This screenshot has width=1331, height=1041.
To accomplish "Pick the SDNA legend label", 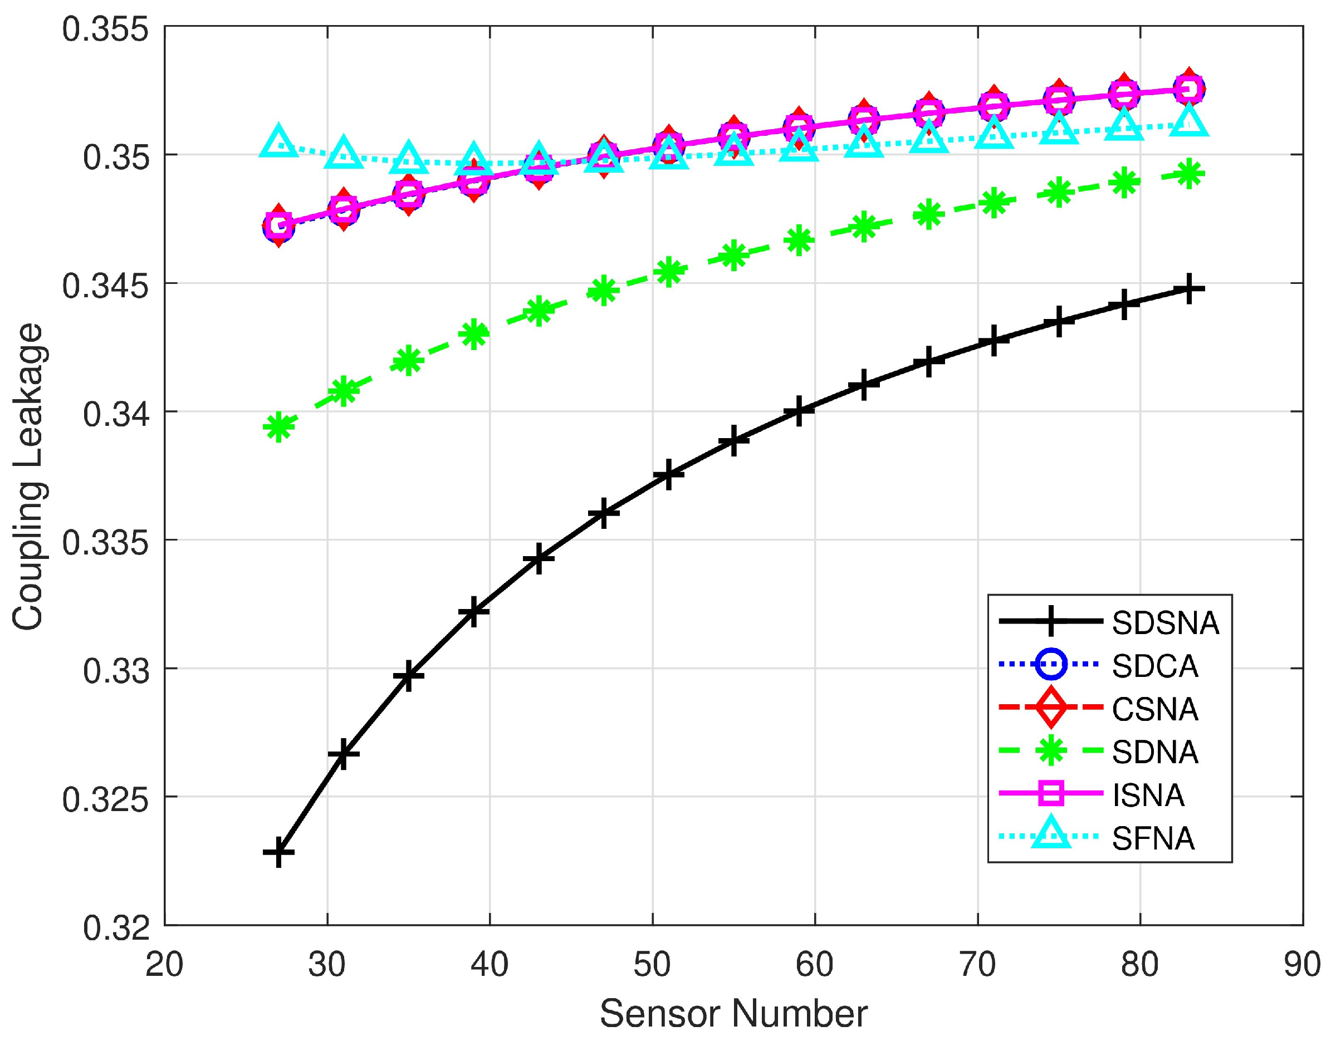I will [x=1154, y=752].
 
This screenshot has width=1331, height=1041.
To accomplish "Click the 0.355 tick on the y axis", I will [x=105, y=30].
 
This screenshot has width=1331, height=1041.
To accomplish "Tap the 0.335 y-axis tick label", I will [x=105, y=542].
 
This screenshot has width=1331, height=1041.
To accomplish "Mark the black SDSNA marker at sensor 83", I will [x=1188, y=288].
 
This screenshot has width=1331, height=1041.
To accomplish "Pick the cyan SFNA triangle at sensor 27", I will [x=278, y=142].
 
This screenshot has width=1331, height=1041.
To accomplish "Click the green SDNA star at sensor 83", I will [x=1188, y=175].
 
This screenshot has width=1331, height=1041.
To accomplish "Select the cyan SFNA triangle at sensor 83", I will [x=1188, y=121].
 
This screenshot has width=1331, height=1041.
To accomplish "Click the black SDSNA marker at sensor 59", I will [x=799, y=411].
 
